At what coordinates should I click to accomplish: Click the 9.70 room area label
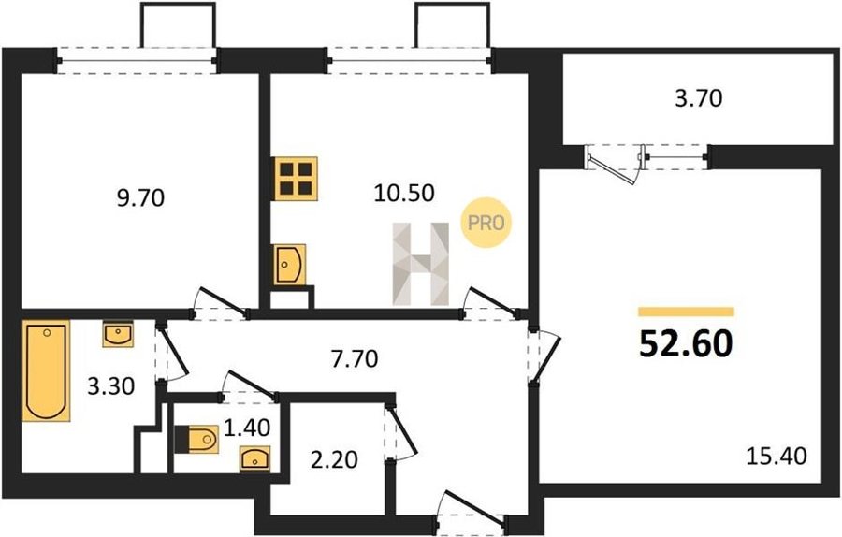(140, 198)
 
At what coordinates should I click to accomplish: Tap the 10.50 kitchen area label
(404, 193)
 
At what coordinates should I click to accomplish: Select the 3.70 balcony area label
(699, 98)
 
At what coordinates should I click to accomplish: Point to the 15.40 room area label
(777, 456)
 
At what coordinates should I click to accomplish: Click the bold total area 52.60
(686, 343)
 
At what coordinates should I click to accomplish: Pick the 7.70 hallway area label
(355, 358)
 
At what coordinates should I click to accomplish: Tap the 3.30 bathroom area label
(110, 385)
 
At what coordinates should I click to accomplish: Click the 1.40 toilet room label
(246, 428)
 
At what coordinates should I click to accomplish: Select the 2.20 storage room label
(334, 459)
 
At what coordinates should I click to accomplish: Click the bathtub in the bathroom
(46, 370)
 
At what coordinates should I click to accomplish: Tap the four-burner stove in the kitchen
(296, 179)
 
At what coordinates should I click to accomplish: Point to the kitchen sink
(289, 264)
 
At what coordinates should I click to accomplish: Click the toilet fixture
(196, 440)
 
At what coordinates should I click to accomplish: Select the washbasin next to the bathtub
(118, 334)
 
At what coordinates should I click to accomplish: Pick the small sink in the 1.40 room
(255, 459)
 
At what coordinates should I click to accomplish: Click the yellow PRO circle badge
(486, 223)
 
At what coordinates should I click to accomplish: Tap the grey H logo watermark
(420, 264)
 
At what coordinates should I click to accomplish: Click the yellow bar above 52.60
(686, 312)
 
